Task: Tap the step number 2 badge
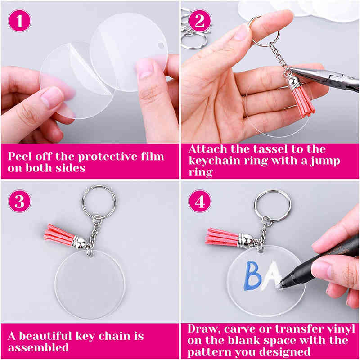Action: point(199,21)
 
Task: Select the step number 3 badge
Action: point(20,201)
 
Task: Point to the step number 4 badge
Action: point(199,201)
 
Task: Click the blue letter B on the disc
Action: point(253,276)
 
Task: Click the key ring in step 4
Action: point(272,205)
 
